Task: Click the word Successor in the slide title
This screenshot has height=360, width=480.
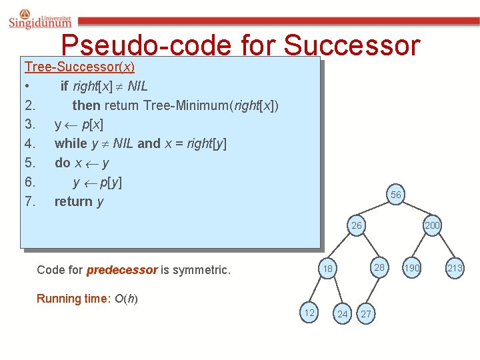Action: pos(351,46)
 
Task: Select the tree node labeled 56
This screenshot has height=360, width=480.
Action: pos(395,195)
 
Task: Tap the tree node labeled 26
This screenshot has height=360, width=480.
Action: pos(357,225)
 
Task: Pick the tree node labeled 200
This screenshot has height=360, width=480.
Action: pos(432,225)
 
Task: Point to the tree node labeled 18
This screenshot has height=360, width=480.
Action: pos(327,269)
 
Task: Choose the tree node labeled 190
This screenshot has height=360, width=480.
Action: pos(412,267)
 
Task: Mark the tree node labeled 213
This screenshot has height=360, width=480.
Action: pos(455,268)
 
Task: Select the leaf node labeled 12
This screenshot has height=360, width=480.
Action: pos(309,313)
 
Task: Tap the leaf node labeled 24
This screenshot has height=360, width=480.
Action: pos(342,314)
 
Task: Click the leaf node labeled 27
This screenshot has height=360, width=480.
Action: pos(366,314)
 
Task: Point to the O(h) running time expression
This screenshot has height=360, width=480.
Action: pos(127,298)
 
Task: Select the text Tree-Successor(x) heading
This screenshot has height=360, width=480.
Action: pos(79,67)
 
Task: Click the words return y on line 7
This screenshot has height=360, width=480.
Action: pos(79,201)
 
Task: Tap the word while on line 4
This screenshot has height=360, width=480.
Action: pos(71,143)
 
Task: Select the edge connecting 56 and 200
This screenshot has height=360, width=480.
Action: pos(414,210)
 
